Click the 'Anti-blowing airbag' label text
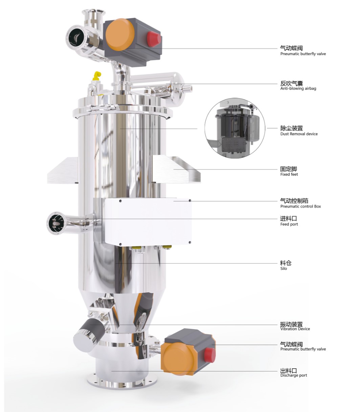coord(298,88)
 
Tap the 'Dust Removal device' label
coord(299,134)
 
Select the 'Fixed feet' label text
coord(289,175)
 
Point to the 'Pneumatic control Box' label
coord(300,206)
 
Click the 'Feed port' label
coord(289,224)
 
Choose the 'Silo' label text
coord(284,269)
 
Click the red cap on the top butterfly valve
coord(154,39)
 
